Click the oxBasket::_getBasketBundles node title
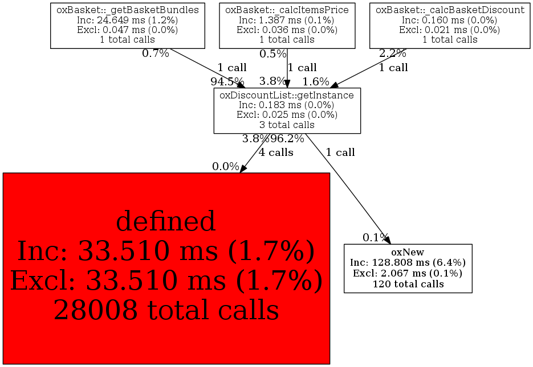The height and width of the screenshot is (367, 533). tap(128, 10)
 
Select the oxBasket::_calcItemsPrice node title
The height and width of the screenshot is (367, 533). tap(287, 10)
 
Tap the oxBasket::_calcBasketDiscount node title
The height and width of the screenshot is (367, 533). tap(450, 10)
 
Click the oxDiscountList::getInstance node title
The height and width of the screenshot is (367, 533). tap(287, 95)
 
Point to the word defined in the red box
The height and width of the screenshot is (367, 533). tap(166, 221)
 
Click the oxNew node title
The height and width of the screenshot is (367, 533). tap(408, 252)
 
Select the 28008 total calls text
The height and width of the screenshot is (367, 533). tap(166, 310)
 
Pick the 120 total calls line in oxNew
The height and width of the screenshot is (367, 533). tap(408, 284)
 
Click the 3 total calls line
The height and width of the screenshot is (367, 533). tap(287, 125)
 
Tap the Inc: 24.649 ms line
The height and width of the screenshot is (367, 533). tap(128, 20)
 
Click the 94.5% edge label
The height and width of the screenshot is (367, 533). tap(227, 82)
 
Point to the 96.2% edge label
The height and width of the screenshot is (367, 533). tap(287, 138)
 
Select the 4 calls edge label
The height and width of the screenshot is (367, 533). tap(276, 152)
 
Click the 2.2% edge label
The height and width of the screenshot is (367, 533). tap(393, 53)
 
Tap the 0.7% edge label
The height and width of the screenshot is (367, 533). tap(156, 53)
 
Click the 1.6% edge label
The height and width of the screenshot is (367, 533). tap(316, 82)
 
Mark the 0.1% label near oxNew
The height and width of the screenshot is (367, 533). tap(376, 237)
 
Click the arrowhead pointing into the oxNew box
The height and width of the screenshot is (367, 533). tap(388, 240)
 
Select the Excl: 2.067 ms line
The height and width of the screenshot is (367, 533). tap(408, 273)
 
